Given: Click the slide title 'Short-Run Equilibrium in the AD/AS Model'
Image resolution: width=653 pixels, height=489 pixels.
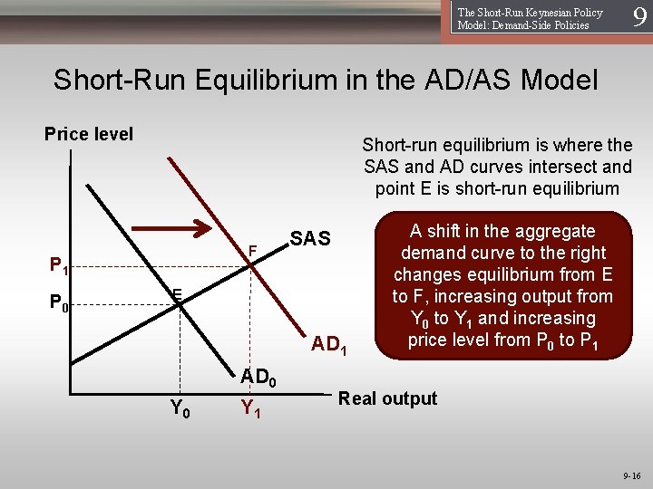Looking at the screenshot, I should pyautogui.click(x=326, y=80).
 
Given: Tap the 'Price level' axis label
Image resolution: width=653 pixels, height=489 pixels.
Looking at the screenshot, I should pyautogui.click(x=89, y=134).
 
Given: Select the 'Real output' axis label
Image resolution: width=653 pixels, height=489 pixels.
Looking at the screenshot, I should pyautogui.click(x=387, y=398).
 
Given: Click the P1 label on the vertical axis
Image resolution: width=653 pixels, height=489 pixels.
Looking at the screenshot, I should pyautogui.click(x=58, y=265).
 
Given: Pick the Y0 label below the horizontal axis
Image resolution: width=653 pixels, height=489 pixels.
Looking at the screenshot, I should pyautogui.click(x=180, y=409).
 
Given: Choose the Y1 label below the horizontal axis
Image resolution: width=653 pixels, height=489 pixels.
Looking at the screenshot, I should pyautogui.click(x=250, y=409).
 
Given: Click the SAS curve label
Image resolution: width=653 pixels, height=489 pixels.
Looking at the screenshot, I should pyautogui.click(x=310, y=239).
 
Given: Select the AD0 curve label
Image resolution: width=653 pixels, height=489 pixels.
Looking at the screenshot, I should pyautogui.click(x=258, y=376).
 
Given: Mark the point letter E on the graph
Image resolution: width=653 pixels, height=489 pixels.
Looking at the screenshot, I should pyautogui.click(x=178, y=293).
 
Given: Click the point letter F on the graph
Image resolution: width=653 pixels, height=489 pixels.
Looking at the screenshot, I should pyautogui.click(x=253, y=249).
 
